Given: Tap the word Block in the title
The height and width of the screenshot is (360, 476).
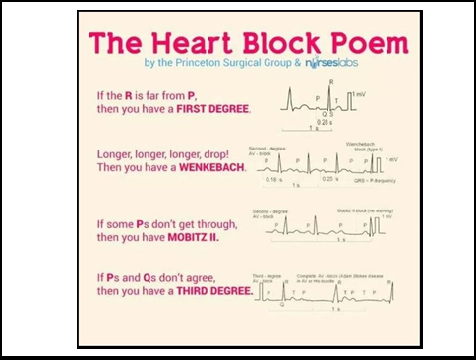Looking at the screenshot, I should pos(280,42).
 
